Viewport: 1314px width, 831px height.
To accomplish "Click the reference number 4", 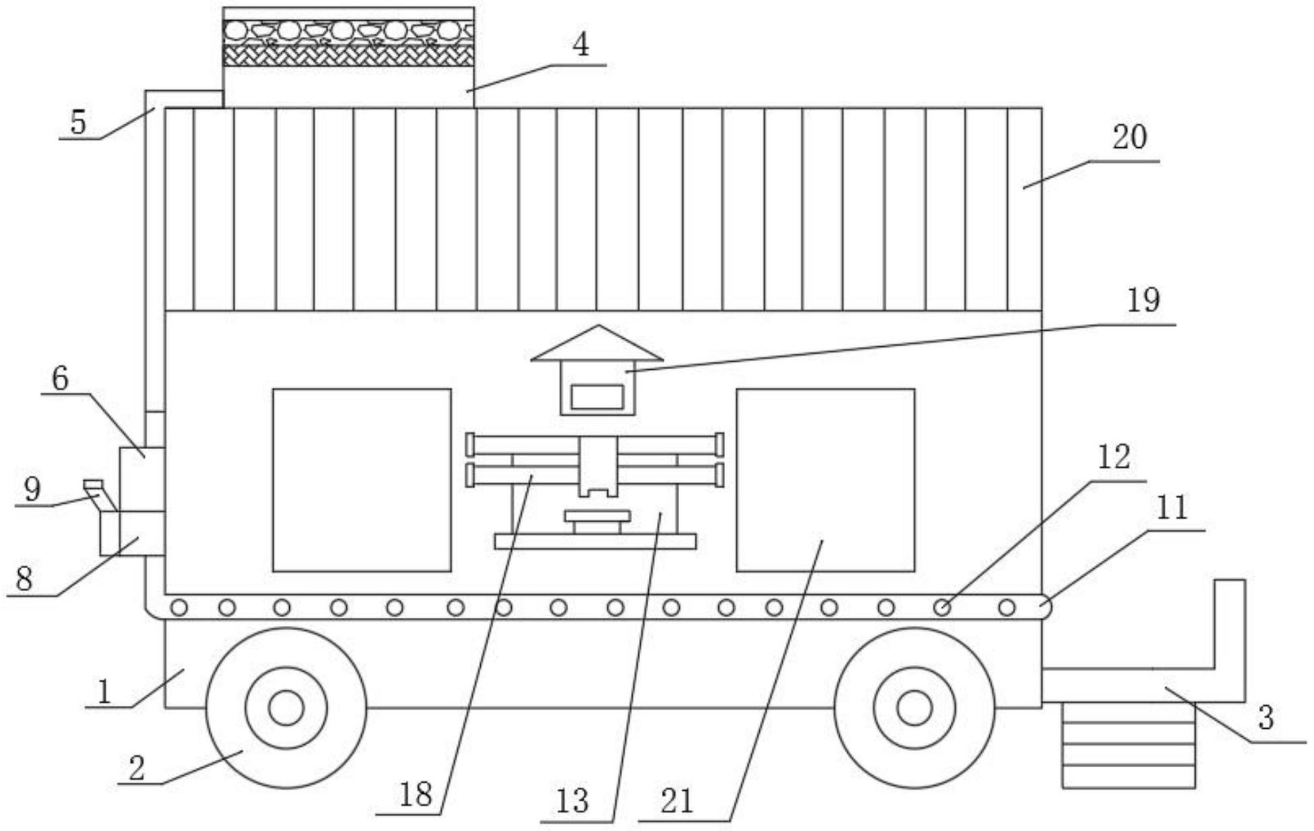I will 580,46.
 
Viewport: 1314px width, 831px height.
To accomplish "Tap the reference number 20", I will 1129,138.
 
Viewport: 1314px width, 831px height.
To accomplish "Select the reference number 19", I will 1143,301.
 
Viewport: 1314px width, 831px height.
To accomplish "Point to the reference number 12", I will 1114,458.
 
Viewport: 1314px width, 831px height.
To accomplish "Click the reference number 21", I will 677,801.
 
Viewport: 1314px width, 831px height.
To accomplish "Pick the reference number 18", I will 415,795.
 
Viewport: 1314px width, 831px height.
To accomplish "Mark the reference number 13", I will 572,801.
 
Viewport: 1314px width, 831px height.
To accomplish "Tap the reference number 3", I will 1266,718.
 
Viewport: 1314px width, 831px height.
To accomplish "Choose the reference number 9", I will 32,489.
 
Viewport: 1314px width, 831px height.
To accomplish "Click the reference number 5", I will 79,123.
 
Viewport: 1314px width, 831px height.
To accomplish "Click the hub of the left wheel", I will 286,708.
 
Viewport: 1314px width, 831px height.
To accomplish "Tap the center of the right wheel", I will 914,708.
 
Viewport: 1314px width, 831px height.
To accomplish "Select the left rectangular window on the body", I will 362,480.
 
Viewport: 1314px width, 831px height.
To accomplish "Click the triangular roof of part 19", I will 598,346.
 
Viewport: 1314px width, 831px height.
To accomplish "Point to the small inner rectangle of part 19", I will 597,397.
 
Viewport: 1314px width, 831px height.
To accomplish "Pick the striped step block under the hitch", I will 1128,744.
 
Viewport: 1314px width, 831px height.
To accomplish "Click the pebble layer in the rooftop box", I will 348,30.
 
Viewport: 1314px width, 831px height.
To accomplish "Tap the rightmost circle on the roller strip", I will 1006,608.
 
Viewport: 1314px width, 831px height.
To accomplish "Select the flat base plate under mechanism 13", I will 595,541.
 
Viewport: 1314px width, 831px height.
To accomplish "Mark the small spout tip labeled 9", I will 92,483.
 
